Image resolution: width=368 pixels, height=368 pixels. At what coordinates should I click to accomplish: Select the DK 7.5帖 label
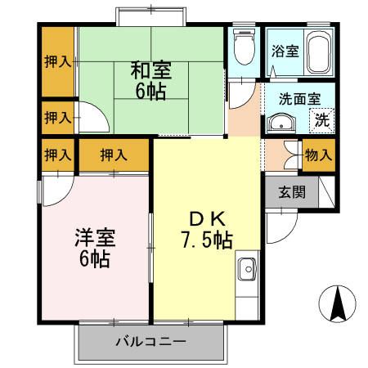(x=205, y=231)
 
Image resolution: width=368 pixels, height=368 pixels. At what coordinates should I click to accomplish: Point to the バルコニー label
(x=150, y=341)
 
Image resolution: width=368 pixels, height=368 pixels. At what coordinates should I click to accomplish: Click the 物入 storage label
(x=318, y=154)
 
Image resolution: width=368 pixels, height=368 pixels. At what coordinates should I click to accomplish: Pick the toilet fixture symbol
(x=243, y=48)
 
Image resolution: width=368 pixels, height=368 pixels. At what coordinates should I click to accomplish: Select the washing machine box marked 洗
(x=322, y=120)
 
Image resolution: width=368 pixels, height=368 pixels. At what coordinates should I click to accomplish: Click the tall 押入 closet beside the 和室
(x=56, y=62)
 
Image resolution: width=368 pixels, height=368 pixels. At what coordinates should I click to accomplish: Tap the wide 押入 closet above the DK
(x=114, y=155)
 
